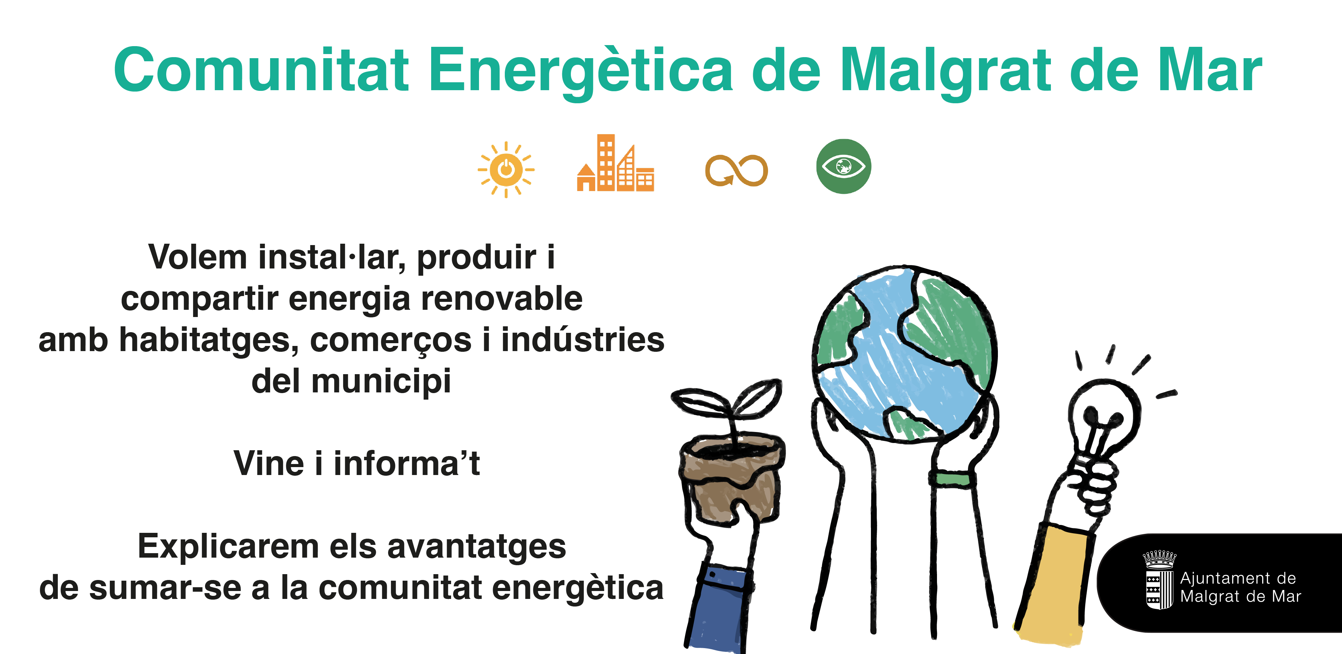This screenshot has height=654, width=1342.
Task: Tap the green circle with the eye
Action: point(843,166)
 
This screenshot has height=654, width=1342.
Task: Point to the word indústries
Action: point(583,339)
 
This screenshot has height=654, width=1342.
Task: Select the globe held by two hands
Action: point(905,354)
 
